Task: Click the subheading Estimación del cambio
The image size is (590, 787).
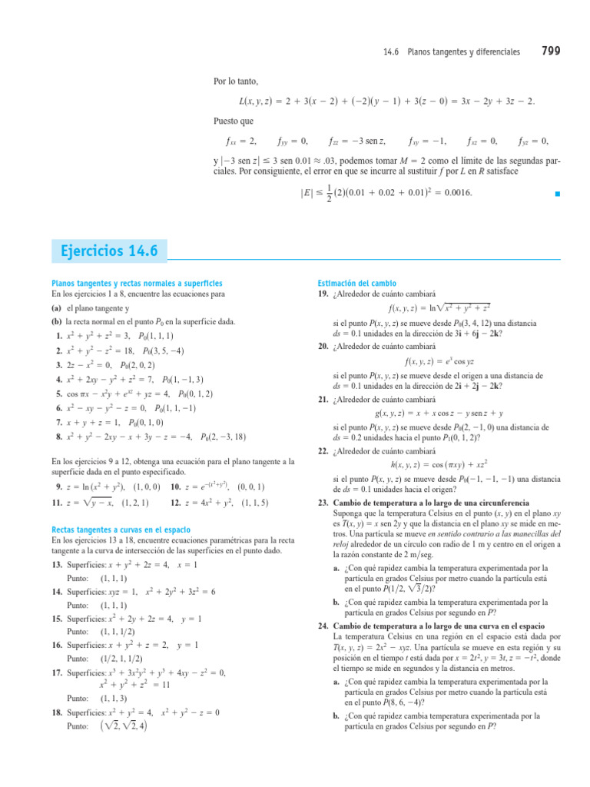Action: pyautogui.click(x=352, y=284)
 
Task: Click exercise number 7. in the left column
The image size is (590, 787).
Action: pyautogui.click(x=59, y=423)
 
